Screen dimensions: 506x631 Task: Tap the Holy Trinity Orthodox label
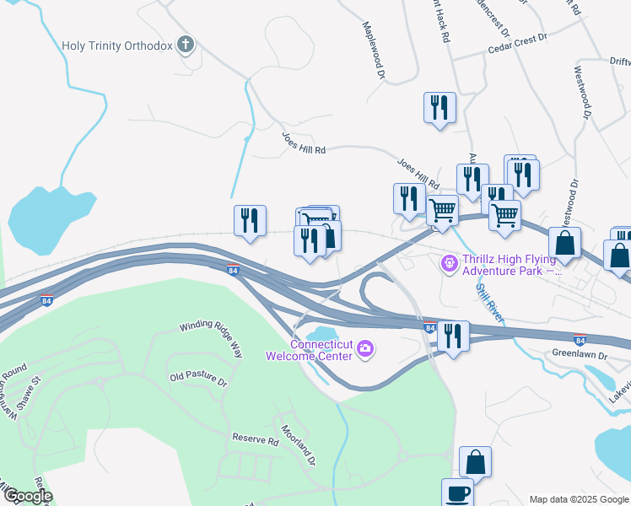tap(116, 46)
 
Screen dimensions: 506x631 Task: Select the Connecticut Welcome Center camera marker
tap(365, 347)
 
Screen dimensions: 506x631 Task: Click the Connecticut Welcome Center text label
tap(320, 349)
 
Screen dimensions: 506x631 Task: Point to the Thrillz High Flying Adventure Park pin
tap(449, 264)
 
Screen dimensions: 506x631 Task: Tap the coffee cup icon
tap(457, 493)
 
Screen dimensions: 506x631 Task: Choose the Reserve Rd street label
tap(256, 440)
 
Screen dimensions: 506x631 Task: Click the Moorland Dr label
tap(298, 446)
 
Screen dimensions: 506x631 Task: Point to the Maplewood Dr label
tap(374, 51)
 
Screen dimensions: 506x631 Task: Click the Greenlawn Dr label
tap(580, 355)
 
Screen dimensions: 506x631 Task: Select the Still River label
tap(488, 303)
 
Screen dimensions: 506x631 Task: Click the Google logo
tap(27, 496)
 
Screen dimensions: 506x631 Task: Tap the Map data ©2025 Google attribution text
tap(578, 499)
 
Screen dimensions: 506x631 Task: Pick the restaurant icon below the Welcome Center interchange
tap(453, 336)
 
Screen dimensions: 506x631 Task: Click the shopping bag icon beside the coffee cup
tap(475, 463)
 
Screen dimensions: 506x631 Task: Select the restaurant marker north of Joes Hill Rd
tap(440, 108)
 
